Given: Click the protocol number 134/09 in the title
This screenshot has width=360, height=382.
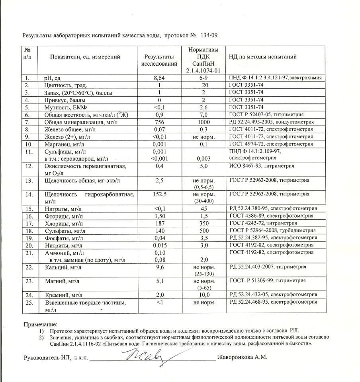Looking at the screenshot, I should (209, 35).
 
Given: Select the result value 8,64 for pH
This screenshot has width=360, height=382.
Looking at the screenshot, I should (159, 78).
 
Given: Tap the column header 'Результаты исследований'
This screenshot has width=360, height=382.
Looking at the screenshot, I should (159, 60).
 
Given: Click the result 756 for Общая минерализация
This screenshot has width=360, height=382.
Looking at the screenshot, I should (159, 122).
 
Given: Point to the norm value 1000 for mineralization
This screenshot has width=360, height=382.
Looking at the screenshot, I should (203, 122).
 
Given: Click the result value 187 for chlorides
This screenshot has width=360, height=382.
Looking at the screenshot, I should (159, 223).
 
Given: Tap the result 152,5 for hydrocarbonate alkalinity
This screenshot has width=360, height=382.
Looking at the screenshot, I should (159, 194).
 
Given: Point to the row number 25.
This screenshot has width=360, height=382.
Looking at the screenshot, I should (27, 303).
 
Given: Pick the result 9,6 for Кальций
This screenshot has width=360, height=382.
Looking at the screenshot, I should (159, 267).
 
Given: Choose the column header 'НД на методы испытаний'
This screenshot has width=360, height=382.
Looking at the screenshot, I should (262, 57).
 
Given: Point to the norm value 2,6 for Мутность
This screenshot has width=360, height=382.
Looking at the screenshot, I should (203, 107).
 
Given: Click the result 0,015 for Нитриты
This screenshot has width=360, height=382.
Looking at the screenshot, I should (159, 245).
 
